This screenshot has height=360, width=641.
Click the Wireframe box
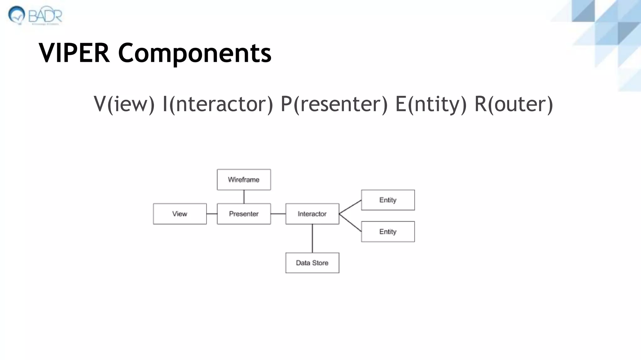pos(244,180)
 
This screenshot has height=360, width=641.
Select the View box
pos(180,214)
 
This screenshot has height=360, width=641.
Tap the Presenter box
pos(244,214)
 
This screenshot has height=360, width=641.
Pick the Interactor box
pos(312,214)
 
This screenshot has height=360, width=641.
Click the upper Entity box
pos(388,200)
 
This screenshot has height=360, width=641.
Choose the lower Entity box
pos(388,232)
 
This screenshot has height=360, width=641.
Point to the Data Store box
pos(312,263)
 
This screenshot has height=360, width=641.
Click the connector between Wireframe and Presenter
pos(244,197)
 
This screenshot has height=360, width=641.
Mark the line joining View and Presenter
pos(212,214)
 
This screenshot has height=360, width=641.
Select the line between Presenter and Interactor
pos(278,214)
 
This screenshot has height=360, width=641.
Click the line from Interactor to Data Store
pos(312,238)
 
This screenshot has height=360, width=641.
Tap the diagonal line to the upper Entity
pos(350,207)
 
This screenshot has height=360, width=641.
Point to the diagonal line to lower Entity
pos(350,222)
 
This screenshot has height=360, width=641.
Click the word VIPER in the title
pos(74,53)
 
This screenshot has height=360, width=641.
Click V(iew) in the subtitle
pos(124,104)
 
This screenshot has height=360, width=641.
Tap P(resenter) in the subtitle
pos(334,104)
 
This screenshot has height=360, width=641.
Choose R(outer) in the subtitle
pos(514,104)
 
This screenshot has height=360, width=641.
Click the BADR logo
pos(35,15)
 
